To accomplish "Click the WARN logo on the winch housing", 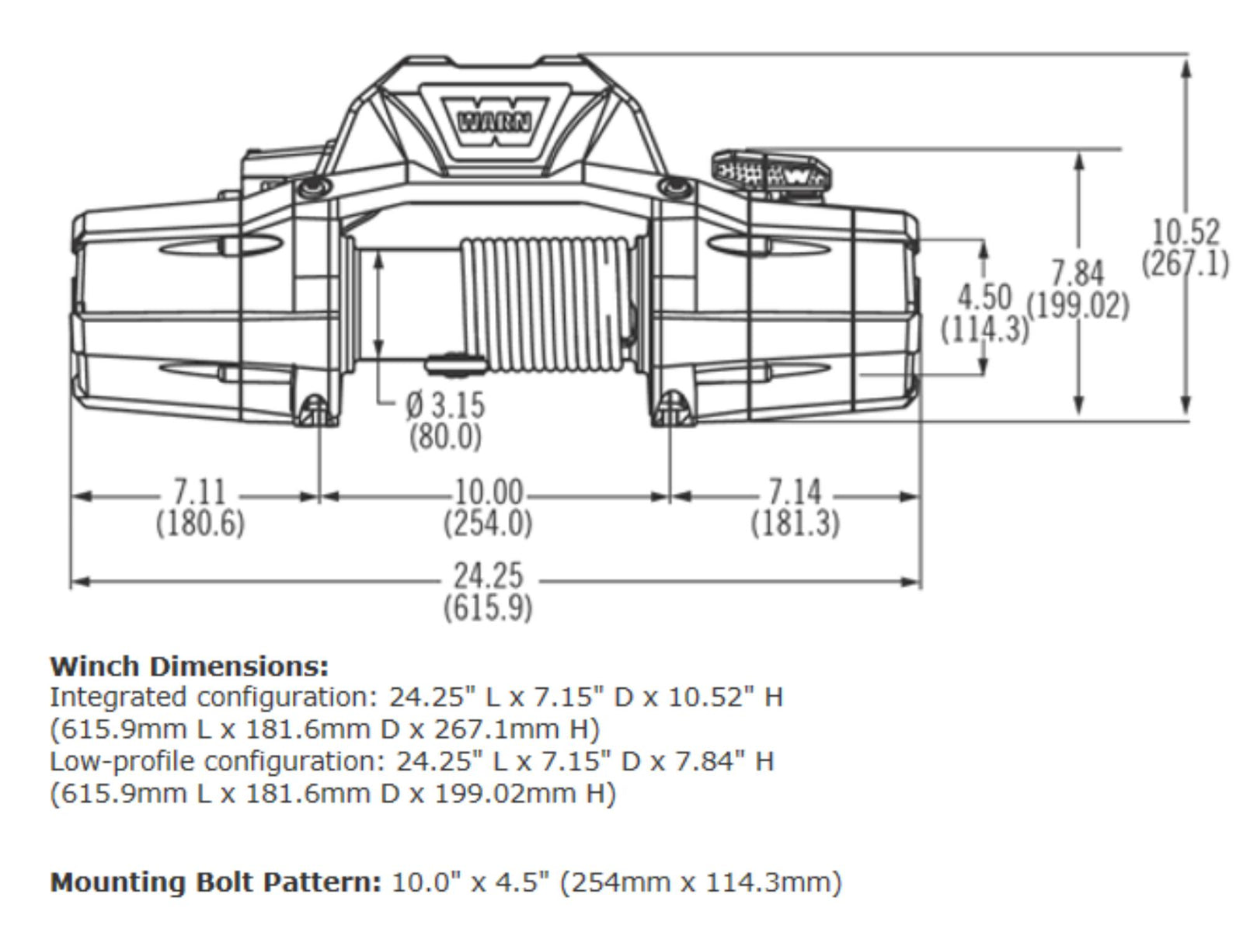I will point(495,121).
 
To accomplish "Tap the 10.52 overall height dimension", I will point(1185,232).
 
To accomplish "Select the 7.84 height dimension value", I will point(1077,273).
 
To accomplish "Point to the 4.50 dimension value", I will point(984,297).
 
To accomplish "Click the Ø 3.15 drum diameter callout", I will point(445,405).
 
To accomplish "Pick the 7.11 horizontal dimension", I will point(200,492).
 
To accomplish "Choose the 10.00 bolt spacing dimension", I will point(488,492).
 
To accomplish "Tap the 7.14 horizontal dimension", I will point(794,492).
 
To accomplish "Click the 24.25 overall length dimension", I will point(489,576).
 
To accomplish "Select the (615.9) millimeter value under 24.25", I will point(489,607).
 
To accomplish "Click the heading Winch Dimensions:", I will point(189,666).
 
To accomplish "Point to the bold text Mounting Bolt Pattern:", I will point(216,882).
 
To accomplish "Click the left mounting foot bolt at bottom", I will point(315,409).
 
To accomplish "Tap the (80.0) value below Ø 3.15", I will point(445,436).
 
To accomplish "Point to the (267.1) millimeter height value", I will point(1185,263).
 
